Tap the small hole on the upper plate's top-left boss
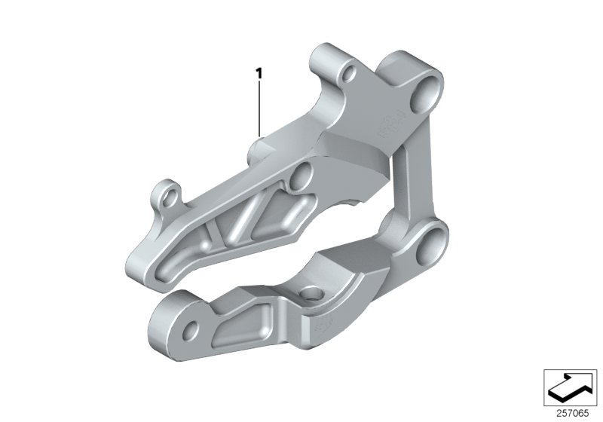(349, 75)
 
